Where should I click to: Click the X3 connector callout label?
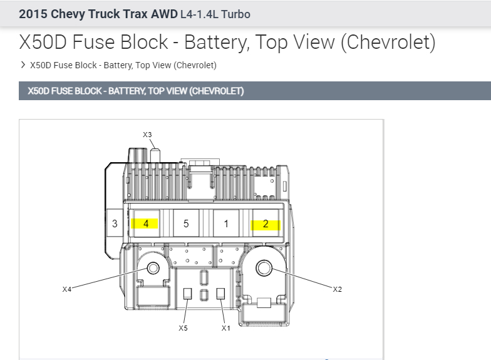pyautogui.click(x=147, y=135)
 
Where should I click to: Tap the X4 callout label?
pyautogui.click(x=67, y=289)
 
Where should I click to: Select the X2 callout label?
pyautogui.click(x=337, y=289)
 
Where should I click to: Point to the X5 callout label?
pyautogui.click(x=183, y=328)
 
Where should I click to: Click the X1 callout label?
pyautogui.click(x=225, y=328)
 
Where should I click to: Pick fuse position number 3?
pyautogui.click(x=115, y=224)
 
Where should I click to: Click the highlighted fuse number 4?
pyautogui.click(x=146, y=224)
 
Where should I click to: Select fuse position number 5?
pyautogui.click(x=186, y=224)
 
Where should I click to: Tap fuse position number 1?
pyautogui.click(x=226, y=224)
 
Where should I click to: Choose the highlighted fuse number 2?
pyautogui.click(x=266, y=224)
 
